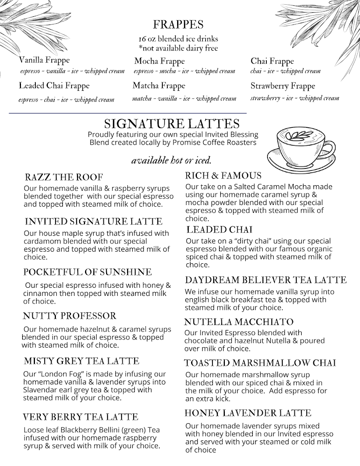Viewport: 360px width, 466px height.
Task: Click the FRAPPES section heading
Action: point(178,24)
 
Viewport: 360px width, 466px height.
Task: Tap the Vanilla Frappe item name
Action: point(44,60)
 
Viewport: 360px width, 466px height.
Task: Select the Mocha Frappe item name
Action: point(159,61)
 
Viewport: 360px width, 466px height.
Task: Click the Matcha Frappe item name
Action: point(159,85)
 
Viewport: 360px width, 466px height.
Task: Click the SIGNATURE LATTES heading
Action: point(172,124)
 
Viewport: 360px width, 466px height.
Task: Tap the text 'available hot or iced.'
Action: point(171,161)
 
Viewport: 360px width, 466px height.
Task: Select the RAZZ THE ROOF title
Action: point(64,177)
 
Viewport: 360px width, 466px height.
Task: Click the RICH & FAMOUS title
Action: point(223,176)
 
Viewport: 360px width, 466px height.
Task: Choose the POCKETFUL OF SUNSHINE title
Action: point(87,272)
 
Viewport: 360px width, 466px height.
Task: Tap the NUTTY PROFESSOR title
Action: point(70,316)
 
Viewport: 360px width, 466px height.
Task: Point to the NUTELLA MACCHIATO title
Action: point(239,322)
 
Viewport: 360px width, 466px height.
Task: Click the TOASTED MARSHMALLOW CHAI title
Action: point(260,363)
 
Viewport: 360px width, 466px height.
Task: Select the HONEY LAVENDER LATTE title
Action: point(248,413)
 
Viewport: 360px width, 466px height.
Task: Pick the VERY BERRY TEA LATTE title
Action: point(80,417)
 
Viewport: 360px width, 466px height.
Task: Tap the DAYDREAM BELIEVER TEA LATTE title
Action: point(266,280)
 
